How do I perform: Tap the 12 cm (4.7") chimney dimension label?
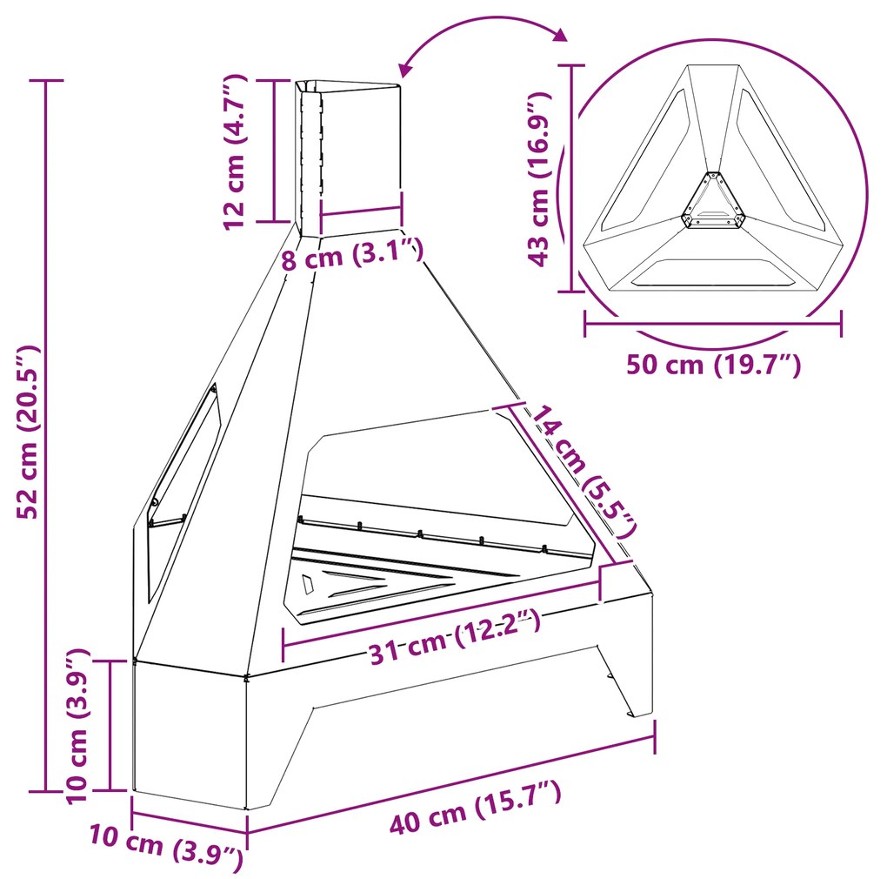click(x=235, y=151)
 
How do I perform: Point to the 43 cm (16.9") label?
click(x=538, y=178)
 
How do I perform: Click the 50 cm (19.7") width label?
click(x=713, y=365)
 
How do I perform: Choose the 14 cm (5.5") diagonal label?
click(x=582, y=470)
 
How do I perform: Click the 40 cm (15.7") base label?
click(x=475, y=805)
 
